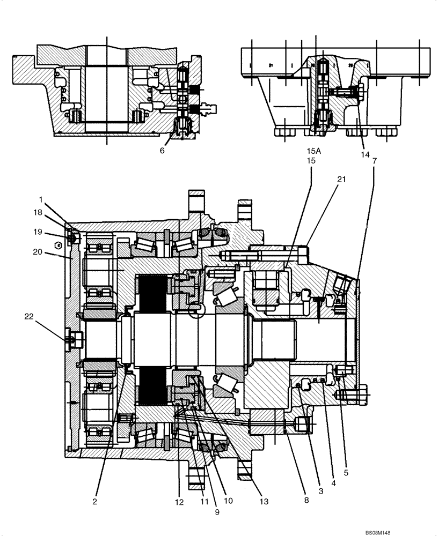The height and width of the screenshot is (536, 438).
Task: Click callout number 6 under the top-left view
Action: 162,151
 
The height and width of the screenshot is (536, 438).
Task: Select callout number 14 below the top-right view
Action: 366,154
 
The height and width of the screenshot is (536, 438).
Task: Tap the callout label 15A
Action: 314,151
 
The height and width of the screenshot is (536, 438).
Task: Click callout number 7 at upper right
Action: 374,160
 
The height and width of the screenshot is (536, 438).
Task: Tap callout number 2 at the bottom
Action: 94,502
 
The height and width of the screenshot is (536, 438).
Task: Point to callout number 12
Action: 179,502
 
